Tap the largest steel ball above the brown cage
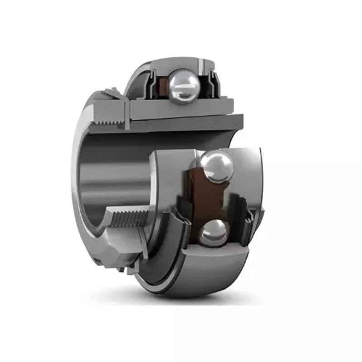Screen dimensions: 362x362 (216, 167)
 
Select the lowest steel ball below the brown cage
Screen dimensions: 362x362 (213, 233)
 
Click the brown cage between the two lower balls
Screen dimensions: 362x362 (206, 199)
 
